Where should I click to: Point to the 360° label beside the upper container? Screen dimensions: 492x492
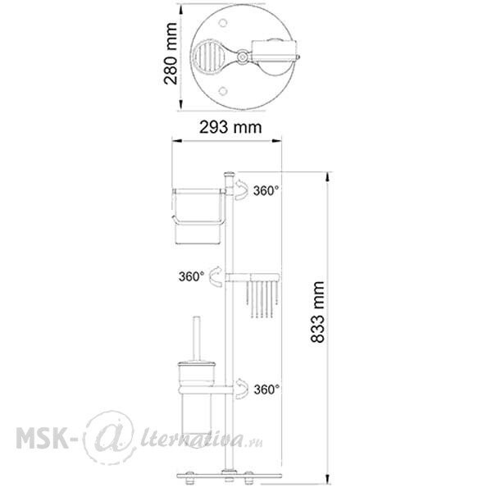click(x=266, y=190)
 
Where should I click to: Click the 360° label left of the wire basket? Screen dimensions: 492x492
click(x=192, y=276)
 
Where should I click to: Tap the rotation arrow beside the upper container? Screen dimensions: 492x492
click(x=243, y=191)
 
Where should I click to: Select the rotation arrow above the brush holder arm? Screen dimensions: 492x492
click(x=242, y=385)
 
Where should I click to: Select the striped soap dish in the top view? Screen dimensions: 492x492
click(x=210, y=57)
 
